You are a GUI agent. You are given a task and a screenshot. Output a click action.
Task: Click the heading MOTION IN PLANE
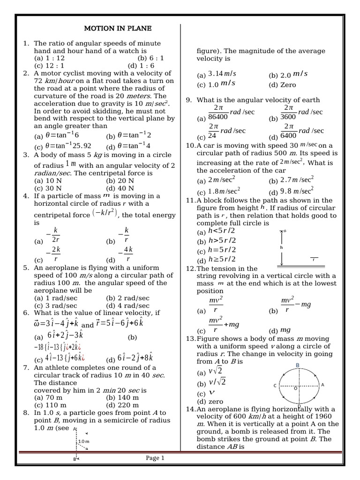click(x=118, y=29)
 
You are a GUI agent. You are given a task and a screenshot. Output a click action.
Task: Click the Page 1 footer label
click(x=155, y=458)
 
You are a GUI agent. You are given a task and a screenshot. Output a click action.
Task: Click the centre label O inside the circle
click(x=295, y=389)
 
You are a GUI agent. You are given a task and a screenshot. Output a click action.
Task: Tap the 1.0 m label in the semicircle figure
click(x=84, y=442)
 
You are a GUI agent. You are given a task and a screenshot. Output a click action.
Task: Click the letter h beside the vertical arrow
click(x=282, y=247)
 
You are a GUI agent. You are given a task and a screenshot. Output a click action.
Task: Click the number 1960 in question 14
click(x=322, y=416)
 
